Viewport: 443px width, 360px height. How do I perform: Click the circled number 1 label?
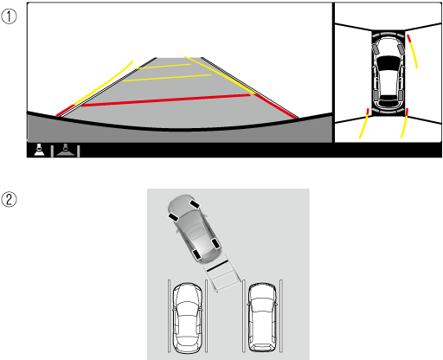pos(9,16)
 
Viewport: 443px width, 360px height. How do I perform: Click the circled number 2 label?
pos(9,199)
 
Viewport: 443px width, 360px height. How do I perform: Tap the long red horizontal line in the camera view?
pos(166,100)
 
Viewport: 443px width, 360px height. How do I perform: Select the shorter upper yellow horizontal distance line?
pos(163,67)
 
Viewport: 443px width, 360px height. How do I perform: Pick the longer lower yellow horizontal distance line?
pos(167,78)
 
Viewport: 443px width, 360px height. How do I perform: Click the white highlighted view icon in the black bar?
pos(39,150)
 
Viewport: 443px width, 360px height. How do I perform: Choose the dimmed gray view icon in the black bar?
pos(66,150)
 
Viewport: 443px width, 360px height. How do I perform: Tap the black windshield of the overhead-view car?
pos(388,63)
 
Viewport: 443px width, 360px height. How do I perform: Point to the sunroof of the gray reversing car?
pos(197,233)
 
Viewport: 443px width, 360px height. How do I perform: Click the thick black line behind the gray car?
pos(217,266)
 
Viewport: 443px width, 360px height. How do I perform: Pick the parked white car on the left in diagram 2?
pos(187,318)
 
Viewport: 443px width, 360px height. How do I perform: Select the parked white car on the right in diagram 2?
pos(262,318)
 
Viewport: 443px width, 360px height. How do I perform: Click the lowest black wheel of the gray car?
pos(196,255)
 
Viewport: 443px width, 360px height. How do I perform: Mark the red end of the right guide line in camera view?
pos(275,106)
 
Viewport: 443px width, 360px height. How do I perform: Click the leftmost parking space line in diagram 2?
pos(169,316)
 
